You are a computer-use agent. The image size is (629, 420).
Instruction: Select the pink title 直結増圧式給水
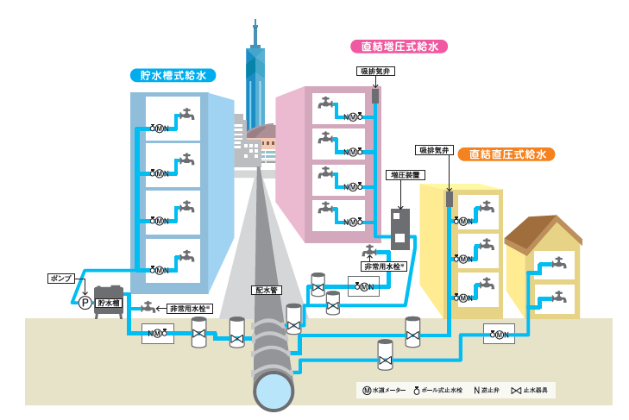(399, 47)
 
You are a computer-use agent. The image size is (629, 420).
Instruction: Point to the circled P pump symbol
(85, 303)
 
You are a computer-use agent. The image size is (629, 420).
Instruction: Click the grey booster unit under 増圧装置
(400, 229)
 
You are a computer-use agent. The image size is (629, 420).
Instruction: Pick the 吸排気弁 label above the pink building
(374, 71)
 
